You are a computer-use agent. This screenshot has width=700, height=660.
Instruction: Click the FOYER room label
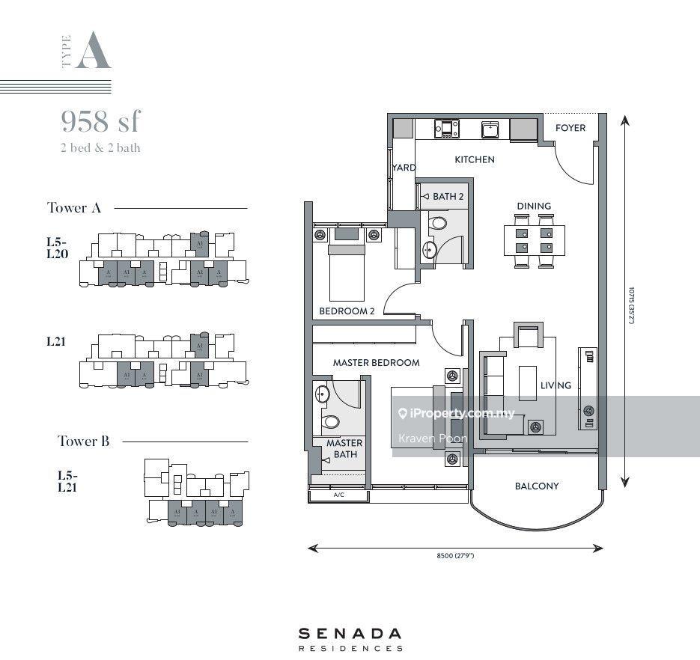click(570, 128)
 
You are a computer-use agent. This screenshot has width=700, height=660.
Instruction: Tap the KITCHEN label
click(475, 159)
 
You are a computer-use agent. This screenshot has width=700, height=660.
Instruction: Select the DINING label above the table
click(534, 206)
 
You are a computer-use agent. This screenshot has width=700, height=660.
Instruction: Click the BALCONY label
click(537, 486)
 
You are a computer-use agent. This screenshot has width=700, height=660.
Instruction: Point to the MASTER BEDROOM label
click(376, 363)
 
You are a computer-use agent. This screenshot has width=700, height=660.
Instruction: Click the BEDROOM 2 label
click(346, 311)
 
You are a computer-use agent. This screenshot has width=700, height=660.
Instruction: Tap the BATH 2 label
click(448, 197)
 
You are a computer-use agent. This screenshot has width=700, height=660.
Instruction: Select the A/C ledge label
click(339, 495)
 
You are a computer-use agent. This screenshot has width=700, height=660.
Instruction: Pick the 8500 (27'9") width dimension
click(455, 556)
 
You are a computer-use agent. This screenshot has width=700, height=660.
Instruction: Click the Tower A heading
click(73, 208)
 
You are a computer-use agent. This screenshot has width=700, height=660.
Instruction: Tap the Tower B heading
click(84, 441)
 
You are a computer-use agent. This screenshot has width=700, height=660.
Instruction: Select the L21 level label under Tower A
click(56, 342)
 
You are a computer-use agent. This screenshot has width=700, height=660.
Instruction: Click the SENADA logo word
click(350, 633)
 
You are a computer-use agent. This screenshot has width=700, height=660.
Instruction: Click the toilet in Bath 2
click(438, 223)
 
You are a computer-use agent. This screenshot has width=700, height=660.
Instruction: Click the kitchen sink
click(490, 129)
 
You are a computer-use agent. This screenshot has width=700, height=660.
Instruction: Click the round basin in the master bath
click(323, 394)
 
